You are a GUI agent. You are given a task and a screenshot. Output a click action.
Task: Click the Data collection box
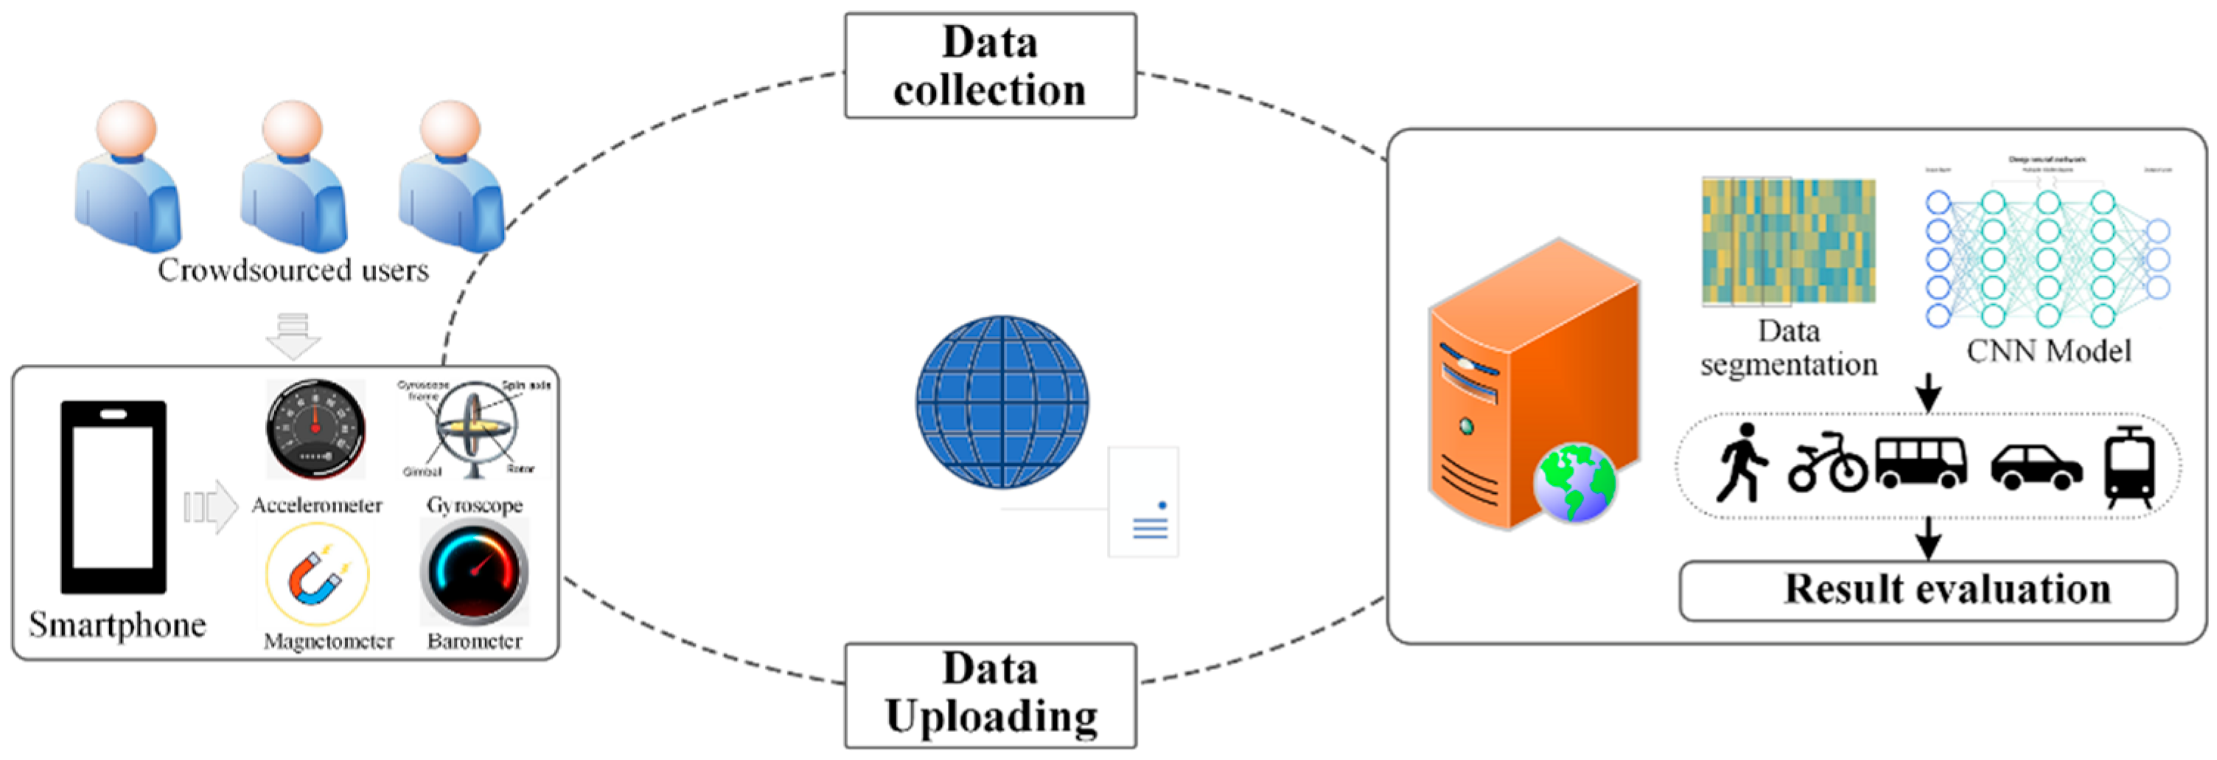(990, 66)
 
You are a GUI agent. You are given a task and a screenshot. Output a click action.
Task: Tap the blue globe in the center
(1002, 401)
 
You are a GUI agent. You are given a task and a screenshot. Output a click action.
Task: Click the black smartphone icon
(113, 497)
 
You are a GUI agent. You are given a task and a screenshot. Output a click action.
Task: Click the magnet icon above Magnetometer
(317, 574)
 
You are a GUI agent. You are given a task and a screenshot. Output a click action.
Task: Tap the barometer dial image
(474, 572)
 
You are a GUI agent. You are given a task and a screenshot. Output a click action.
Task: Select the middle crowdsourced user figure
(293, 176)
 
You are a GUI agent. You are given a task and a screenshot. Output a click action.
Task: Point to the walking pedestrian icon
(1740, 463)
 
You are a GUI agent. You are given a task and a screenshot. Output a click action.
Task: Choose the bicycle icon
(1826, 465)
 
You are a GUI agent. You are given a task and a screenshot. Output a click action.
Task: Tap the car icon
(2036, 467)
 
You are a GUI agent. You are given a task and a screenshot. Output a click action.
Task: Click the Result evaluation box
(1928, 590)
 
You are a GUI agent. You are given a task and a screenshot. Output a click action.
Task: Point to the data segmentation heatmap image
(1788, 241)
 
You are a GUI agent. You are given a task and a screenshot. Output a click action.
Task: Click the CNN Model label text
(2048, 351)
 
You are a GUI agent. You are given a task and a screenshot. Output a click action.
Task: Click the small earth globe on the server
(1574, 483)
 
